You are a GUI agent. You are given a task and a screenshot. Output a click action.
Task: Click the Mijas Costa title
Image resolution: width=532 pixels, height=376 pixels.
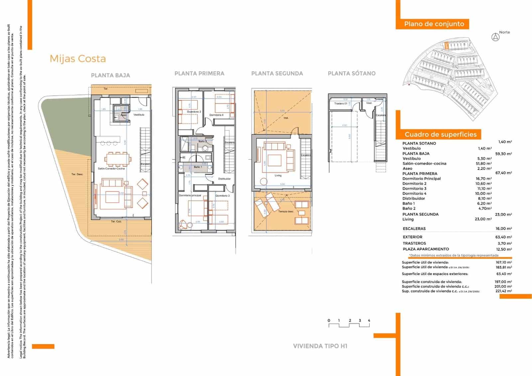coord(78,59)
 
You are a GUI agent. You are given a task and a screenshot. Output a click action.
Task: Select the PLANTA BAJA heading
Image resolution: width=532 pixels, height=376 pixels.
coord(110,76)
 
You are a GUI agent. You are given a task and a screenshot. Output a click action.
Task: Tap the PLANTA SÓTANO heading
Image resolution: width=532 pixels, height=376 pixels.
coord(351,74)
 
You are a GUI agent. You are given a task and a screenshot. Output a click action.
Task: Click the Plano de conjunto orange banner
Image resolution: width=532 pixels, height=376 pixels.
coord(434,24)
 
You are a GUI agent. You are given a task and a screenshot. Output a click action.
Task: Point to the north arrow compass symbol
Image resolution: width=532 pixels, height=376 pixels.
coord(495,37)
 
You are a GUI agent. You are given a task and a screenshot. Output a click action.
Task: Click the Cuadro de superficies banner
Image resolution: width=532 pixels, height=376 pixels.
coord(440,134)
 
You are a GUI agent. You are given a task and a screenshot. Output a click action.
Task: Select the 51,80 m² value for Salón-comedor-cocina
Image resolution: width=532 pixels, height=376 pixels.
coord(484,164)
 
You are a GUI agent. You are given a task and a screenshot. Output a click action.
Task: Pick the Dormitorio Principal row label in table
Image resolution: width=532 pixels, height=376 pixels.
coord(421,179)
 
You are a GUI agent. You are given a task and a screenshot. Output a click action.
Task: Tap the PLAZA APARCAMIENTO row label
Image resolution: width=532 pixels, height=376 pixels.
coord(426,249)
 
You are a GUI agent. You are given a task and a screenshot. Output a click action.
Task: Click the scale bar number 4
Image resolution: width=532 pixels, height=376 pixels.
coord(369,320)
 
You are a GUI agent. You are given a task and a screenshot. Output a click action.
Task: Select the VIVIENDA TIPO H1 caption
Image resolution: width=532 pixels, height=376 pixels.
coord(320,346)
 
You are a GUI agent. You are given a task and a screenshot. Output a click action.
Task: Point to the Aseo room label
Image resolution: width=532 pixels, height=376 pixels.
coord(123,115)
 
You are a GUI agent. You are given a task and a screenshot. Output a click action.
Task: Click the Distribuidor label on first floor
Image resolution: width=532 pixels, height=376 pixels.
coord(224,179)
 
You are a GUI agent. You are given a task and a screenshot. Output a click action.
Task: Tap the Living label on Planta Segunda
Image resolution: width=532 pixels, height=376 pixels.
coord(278,176)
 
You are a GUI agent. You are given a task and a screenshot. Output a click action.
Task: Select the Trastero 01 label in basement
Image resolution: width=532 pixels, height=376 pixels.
coord(341,104)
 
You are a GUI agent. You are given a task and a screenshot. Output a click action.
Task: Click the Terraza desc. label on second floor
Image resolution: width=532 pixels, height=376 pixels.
coord(286,212)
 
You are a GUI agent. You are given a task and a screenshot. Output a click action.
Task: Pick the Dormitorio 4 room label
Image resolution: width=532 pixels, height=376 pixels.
coord(216,115)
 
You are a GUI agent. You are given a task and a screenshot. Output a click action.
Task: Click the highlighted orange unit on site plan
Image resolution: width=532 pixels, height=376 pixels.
coord(447,46)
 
